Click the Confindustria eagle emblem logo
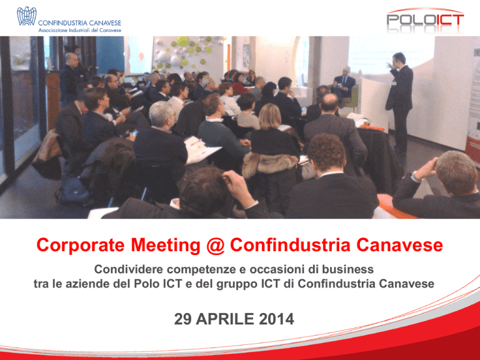(x=27, y=16)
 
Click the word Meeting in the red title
(x=165, y=245)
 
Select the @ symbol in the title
(x=215, y=246)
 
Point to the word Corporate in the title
(x=81, y=245)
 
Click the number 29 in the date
(x=182, y=319)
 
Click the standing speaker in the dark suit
(x=400, y=101)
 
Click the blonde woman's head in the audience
(x=270, y=116)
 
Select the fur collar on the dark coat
(x=270, y=164)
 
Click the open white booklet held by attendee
(x=201, y=149)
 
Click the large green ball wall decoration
(x=182, y=41)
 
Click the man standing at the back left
(x=70, y=79)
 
